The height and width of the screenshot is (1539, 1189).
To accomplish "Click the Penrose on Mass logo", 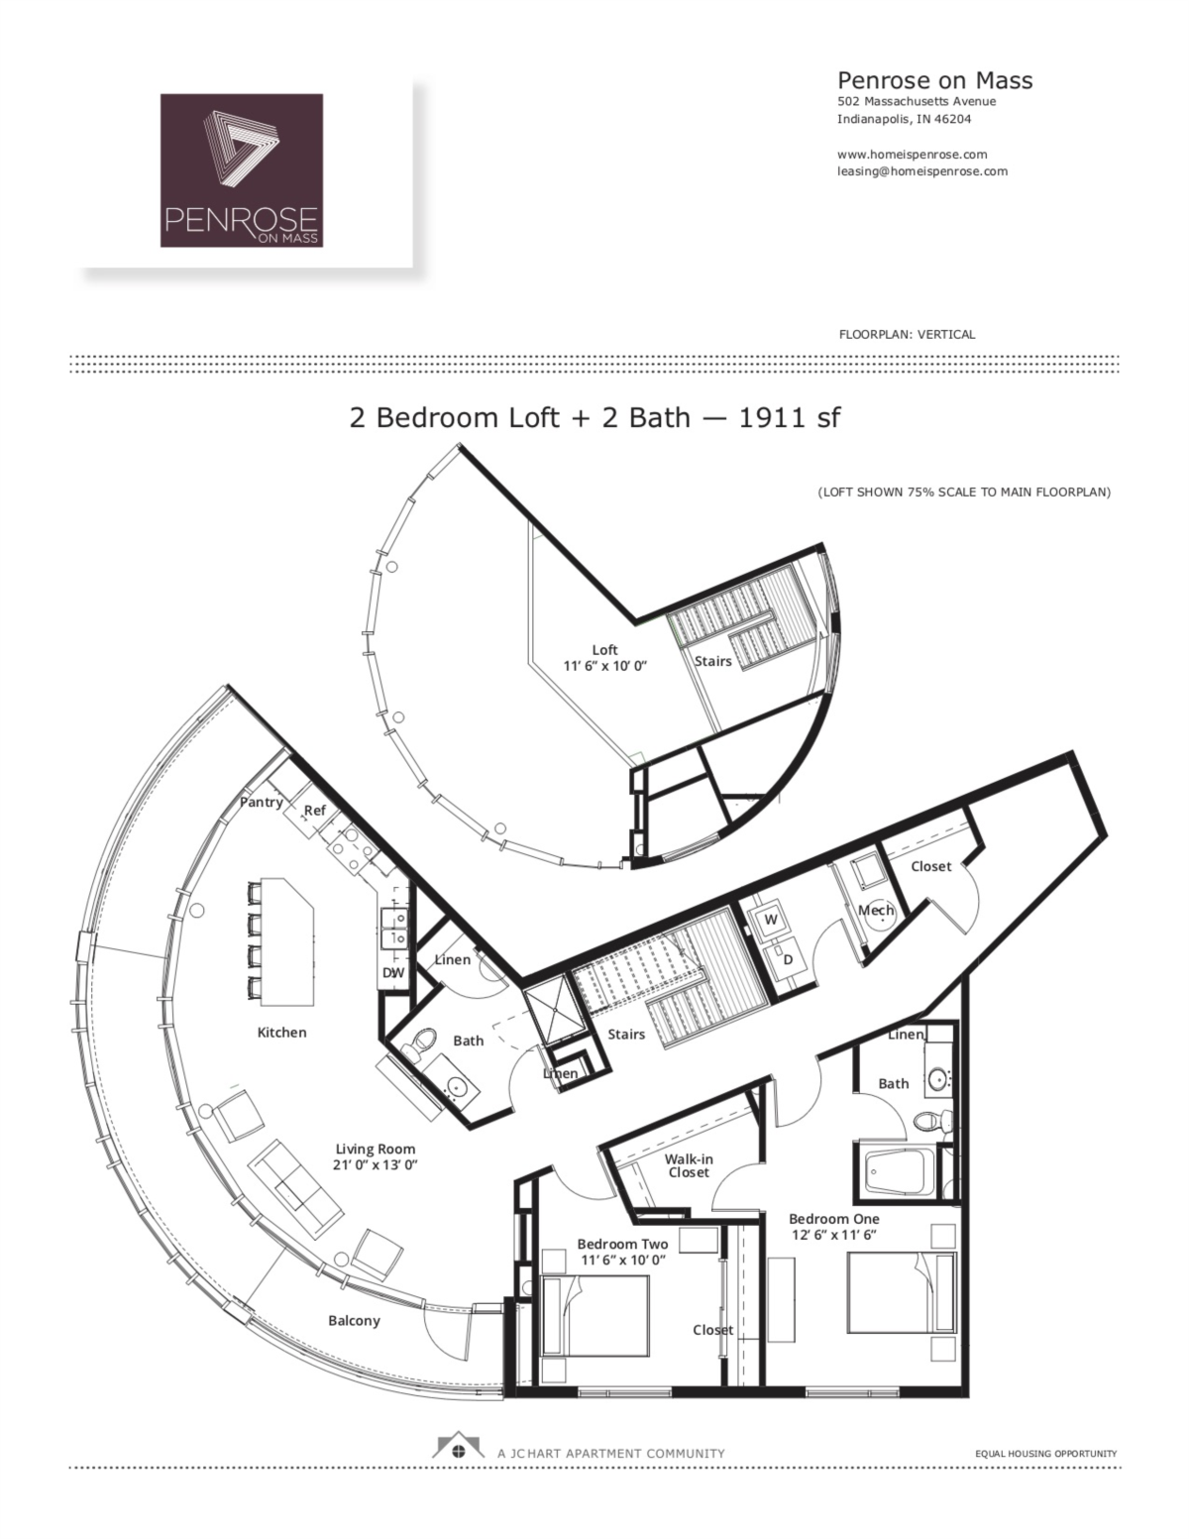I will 242,170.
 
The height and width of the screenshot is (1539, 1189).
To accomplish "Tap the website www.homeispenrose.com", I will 912,155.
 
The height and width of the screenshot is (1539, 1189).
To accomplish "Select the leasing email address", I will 921,171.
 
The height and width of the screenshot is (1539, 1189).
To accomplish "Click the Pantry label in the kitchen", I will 262,802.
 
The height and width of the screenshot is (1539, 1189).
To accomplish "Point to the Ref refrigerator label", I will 314,811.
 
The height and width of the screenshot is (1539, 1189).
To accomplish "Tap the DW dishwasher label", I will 393,973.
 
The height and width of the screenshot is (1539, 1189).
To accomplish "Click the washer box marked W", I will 770,920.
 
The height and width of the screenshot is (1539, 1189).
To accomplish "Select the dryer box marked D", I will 789,959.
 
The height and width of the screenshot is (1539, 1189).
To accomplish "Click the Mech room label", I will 876,910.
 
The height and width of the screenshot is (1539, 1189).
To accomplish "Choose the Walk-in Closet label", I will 689,1165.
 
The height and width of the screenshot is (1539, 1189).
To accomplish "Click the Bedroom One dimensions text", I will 833,1235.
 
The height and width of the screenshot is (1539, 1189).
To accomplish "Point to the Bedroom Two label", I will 622,1244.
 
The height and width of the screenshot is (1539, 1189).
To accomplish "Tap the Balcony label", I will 354,1321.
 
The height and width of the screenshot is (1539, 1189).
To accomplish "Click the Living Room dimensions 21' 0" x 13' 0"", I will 376,1166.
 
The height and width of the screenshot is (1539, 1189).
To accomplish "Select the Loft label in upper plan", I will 604,650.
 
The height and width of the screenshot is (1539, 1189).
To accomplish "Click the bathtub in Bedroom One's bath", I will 901,1172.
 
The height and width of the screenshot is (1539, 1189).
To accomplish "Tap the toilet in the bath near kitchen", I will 423,1043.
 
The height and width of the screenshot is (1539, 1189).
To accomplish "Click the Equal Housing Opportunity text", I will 1046,1454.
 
